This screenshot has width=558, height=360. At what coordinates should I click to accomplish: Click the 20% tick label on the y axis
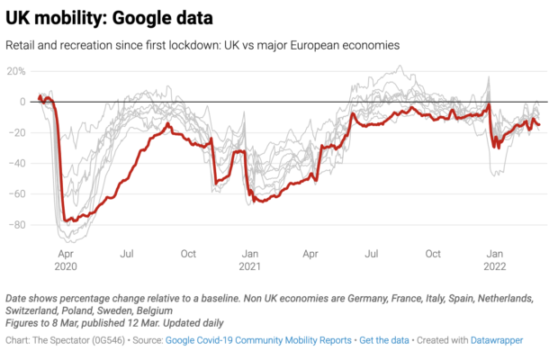17,70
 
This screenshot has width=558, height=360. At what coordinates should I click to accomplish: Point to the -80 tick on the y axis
17,224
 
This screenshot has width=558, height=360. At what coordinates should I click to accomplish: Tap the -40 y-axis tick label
17,163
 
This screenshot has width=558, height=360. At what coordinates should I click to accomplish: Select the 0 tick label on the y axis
22,102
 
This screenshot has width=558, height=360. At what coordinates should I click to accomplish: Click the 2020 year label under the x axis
66,266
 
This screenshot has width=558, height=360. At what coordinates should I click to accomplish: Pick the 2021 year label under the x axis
250,266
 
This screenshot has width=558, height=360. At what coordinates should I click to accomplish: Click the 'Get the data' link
384,340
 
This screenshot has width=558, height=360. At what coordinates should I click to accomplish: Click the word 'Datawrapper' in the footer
492,340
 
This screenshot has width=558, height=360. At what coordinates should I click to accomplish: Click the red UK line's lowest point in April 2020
68,220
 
